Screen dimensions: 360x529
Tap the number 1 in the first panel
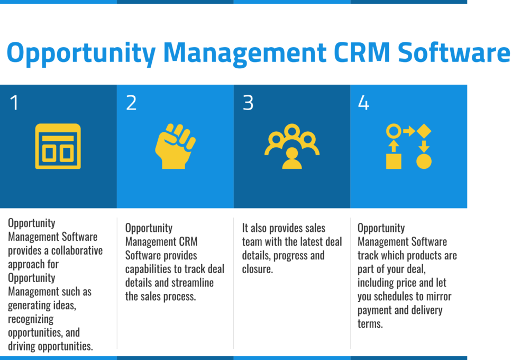14,103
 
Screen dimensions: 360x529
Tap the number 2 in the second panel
131,103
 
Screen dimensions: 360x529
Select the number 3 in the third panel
248,103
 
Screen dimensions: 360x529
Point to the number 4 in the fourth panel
363,103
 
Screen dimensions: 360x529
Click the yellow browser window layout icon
58,147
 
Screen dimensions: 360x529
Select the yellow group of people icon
291,146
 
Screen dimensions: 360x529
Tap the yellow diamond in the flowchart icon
424,130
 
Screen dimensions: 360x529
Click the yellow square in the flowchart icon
393,161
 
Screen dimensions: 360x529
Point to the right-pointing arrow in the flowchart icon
409,130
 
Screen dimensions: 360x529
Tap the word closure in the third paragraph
259,269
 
